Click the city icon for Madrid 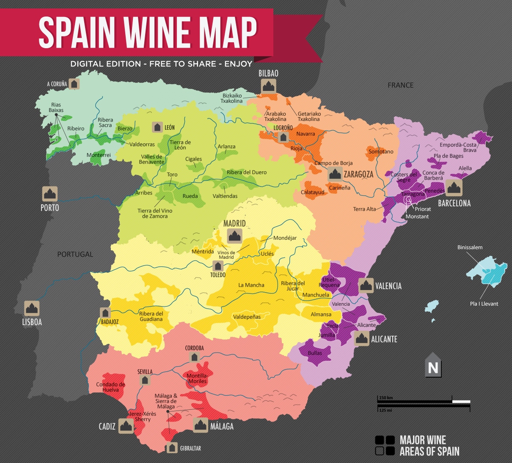(x=234, y=236)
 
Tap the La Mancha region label (x=251, y=285)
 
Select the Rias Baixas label (x=56, y=107)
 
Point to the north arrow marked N (x=433, y=365)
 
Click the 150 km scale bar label (x=386, y=398)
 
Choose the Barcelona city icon (x=454, y=188)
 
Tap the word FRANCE (x=400, y=85)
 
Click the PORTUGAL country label (x=75, y=254)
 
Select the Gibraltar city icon (x=172, y=448)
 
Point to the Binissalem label (x=470, y=247)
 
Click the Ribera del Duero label (x=247, y=172)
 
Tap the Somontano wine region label (x=381, y=151)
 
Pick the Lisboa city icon (x=32, y=309)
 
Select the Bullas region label (x=315, y=353)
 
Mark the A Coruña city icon (x=74, y=84)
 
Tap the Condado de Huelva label (x=110, y=387)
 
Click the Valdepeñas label (x=247, y=317)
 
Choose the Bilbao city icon (x=268, y=86)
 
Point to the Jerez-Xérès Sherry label (x=143, y=416)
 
